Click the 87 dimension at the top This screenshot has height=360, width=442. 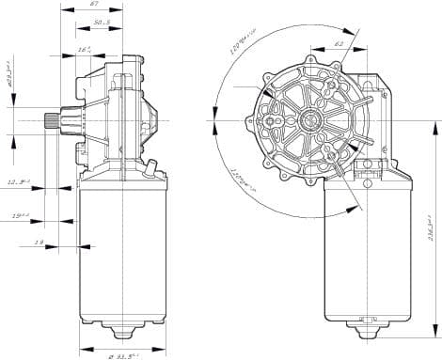(94, 5)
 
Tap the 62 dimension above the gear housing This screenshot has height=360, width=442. (338, 43)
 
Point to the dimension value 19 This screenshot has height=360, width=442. (39, 243)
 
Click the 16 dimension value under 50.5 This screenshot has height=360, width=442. (84, 49)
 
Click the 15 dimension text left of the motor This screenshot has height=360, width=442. (20, 216)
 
